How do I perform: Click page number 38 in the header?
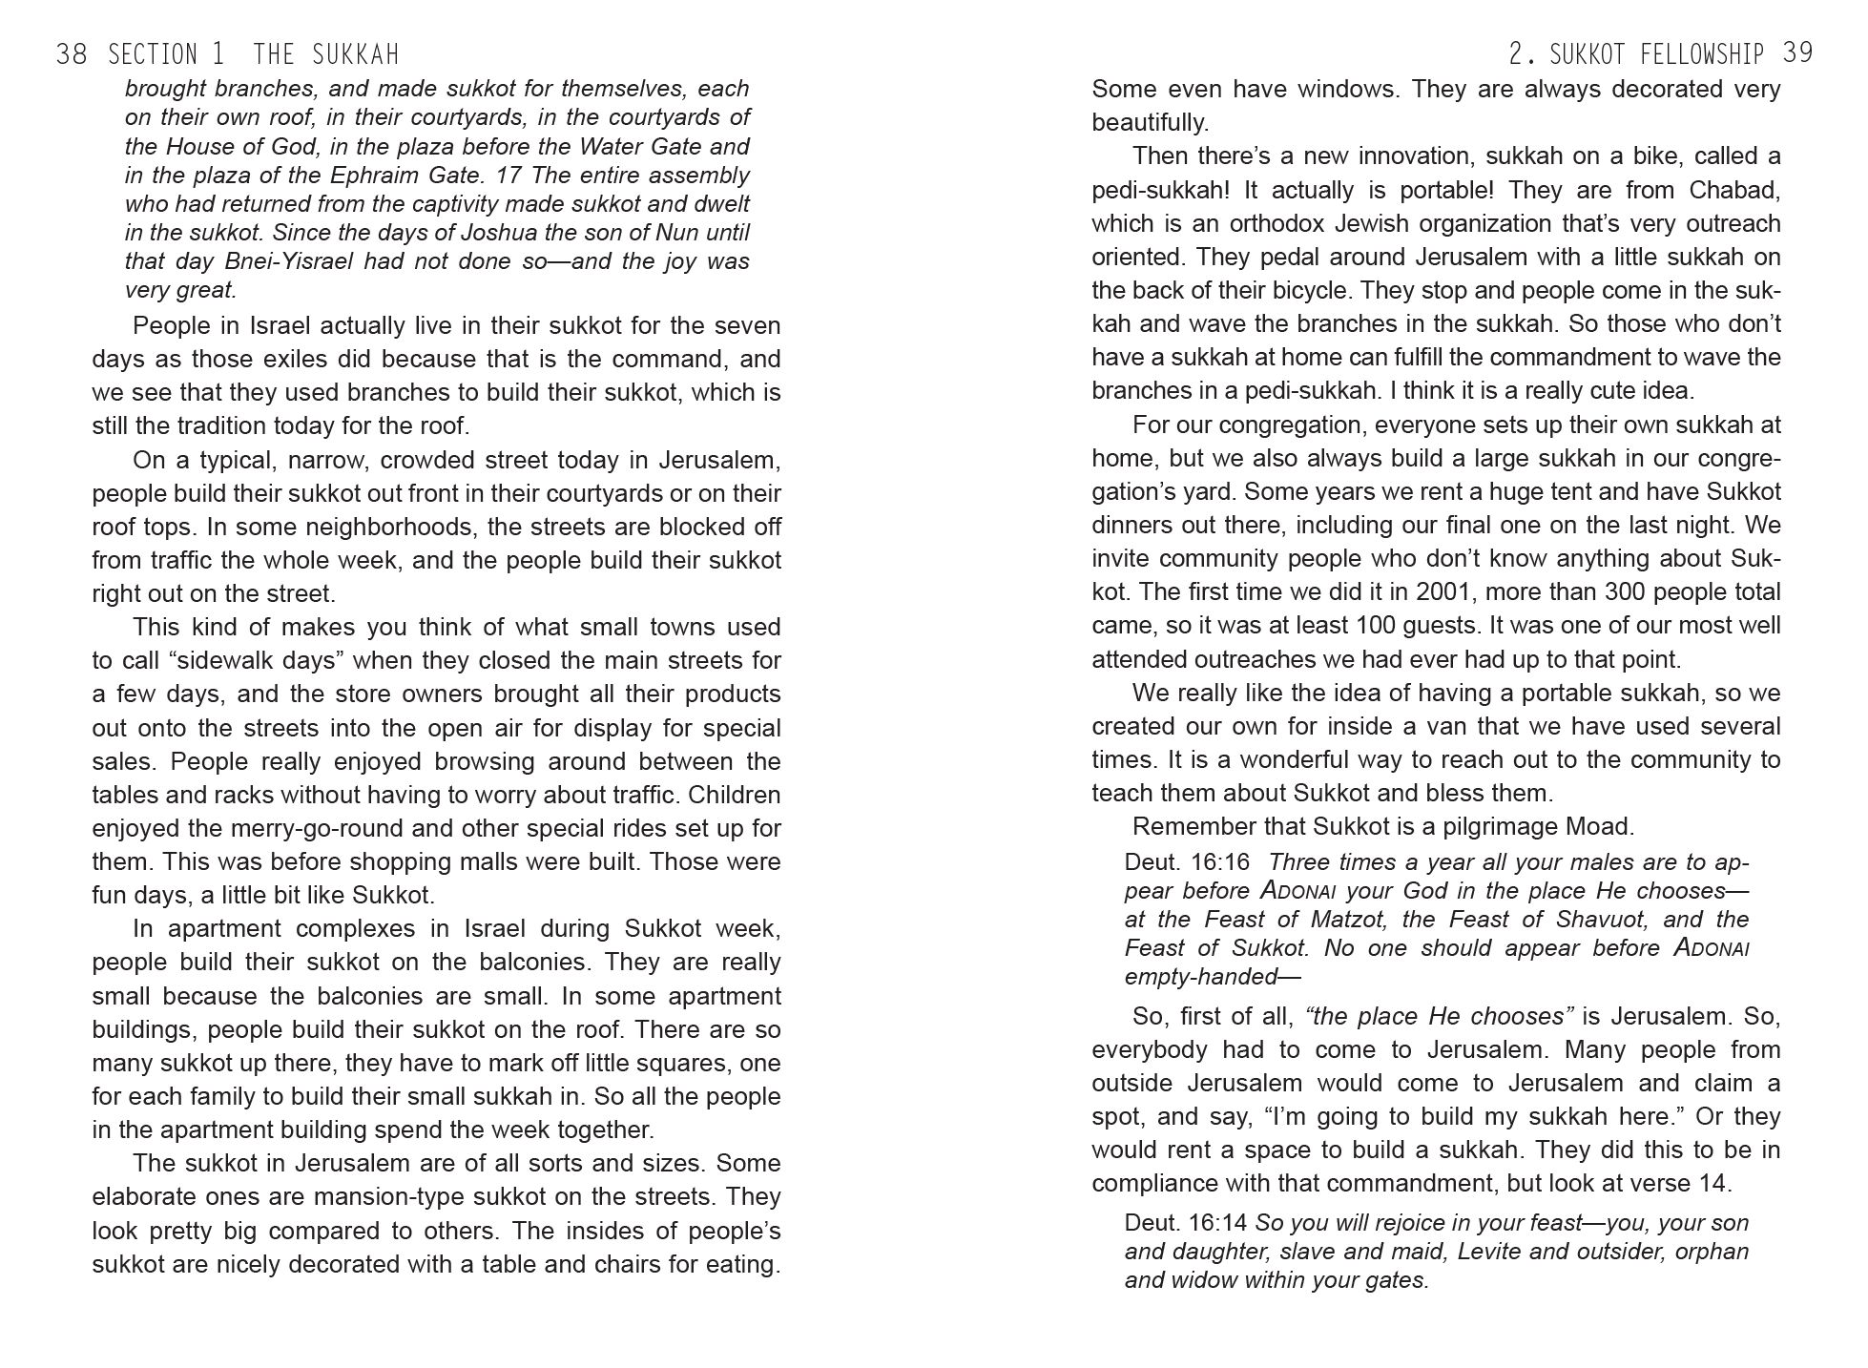72,54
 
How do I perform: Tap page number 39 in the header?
1797,53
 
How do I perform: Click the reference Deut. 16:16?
1187,862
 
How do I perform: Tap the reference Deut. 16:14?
1187,1223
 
